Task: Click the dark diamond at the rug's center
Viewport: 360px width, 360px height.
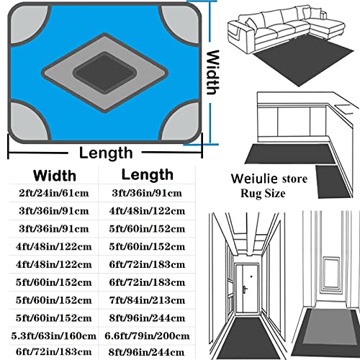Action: point(105,73)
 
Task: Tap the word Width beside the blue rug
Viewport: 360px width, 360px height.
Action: point(213,73)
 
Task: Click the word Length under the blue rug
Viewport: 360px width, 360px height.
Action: point(106,153)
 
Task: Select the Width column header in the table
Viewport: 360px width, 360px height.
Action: point(55,176)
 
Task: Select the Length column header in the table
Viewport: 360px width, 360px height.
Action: point(148,175)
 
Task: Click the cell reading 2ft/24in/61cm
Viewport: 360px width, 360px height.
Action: point(54,193)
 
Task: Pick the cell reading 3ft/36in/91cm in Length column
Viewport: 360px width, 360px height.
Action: point(147,193)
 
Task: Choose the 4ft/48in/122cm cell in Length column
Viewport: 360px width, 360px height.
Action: point(147,211)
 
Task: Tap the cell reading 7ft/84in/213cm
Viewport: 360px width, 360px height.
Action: point(147,300)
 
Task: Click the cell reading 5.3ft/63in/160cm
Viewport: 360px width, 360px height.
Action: point(54,336)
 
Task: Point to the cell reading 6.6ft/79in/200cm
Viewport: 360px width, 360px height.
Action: point(147,336)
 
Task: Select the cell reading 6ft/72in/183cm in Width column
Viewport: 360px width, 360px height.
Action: point(54,352)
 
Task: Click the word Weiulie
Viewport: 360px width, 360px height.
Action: point(254,179)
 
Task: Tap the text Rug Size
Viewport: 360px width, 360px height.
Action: point(263,194)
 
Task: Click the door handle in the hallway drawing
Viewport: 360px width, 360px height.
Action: point(245,289)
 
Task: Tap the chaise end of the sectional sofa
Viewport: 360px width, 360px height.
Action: point(327,27)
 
